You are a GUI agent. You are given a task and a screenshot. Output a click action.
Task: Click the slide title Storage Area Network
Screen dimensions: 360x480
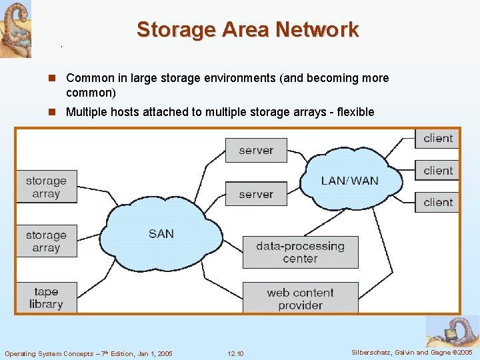click(247, 30)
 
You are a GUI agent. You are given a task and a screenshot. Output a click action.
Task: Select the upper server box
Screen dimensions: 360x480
click(256, 150)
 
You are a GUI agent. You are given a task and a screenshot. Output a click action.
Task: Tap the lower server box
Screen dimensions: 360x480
click(256, 194)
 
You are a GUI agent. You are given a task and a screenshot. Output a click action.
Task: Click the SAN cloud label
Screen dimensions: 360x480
click(161, 233)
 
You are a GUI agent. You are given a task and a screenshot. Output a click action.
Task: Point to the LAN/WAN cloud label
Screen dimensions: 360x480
click(349, 181)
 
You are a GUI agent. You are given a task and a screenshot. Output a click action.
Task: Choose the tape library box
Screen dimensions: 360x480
click(46, 298)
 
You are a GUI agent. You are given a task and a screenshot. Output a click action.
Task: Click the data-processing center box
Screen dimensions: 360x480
click(300, 252)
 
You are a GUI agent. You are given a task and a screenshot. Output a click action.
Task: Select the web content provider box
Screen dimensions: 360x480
click(300, 299)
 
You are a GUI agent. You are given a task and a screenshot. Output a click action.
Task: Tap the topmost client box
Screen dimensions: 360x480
click(437, 138)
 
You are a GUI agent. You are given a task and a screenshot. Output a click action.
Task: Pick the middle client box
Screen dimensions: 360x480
click(437, 171)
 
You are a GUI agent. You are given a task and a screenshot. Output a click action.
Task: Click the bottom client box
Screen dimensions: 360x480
click(437, 202)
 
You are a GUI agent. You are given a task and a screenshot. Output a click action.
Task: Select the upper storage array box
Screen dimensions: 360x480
click(46, 187)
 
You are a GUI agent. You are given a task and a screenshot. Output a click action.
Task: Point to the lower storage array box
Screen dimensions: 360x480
click(46, 241)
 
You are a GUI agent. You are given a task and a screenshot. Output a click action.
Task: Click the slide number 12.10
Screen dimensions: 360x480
click(235, 353)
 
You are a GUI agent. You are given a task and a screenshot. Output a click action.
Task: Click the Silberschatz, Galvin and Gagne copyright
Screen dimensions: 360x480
click(412, 352)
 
